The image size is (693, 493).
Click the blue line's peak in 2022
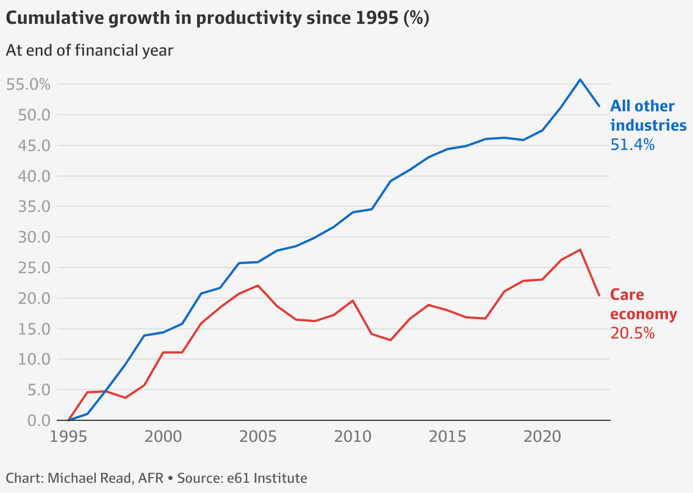click(580, 80)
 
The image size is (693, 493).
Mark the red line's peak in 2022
click(580, 249)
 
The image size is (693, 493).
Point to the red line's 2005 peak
click(258, 285)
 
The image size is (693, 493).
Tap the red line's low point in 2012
click(391, 340)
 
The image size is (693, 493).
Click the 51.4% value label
click(632, 145)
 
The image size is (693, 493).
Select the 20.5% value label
click(632, 333)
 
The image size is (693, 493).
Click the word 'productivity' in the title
click(254, 18)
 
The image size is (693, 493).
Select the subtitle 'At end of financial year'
click(89, 50)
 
